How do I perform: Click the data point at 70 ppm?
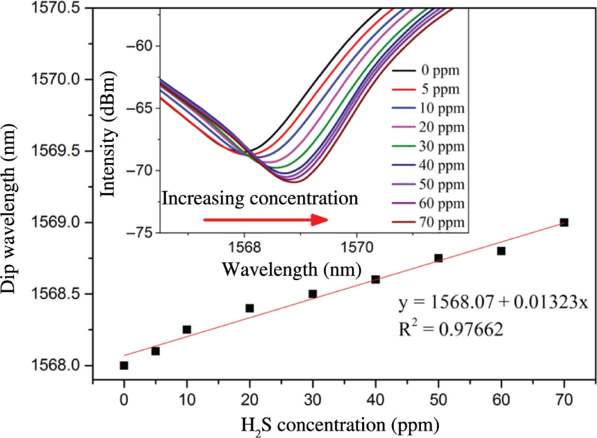(563, 222)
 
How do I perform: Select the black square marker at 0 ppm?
(124, 365)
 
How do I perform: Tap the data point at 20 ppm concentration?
(249, 308)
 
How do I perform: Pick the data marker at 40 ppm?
(376, 279)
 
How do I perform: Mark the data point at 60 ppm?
(501, 251)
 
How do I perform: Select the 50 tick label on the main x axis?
(438, 401)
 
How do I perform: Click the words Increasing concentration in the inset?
(260, 199)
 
